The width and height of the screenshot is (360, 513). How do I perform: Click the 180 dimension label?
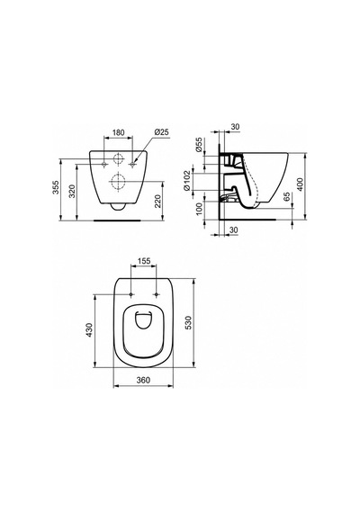pyautogui.click(x=119, y=132)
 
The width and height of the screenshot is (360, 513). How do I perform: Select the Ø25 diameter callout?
pyautogui.click(x=161, y=132)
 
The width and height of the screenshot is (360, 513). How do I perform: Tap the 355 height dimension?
pyautogui.click(x=56, y=187)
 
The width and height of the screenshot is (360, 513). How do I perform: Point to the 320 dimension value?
pyautogui.click(x=72, y=192)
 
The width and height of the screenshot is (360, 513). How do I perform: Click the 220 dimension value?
pyautogui.click(x=157, y=202)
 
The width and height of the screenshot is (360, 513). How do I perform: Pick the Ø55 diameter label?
pyautogui.click(x=199, y=145)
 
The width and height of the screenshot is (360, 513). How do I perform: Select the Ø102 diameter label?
pyautogui.click(x=187, y=180)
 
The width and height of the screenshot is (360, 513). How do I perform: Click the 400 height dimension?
pyautogui.click(x=300, y=184)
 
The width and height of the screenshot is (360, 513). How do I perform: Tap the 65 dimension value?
pyautogui.click(x=286, y=197)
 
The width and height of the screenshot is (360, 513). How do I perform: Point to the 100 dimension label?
pyautogui.click(x=199, y=209)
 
